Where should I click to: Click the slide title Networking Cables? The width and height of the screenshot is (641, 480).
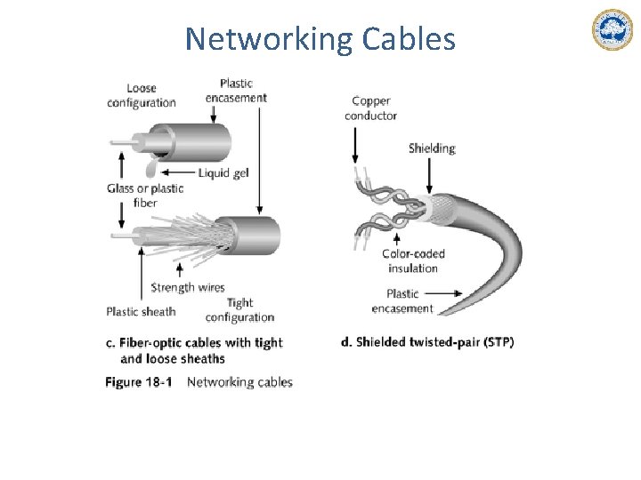320,40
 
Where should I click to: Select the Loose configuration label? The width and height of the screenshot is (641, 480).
142,95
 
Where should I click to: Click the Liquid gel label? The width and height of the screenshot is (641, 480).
223,172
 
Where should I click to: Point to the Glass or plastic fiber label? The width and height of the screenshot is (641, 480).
144,196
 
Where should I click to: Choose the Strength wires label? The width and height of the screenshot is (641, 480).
187,287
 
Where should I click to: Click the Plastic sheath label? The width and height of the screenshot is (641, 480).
141,311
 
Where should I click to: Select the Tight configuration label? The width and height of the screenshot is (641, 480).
239,310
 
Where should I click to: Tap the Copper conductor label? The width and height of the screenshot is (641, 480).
370,108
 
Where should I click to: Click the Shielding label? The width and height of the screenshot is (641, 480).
432,148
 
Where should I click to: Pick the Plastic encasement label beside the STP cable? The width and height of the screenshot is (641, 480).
402,301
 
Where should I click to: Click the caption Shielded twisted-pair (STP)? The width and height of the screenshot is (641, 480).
427,342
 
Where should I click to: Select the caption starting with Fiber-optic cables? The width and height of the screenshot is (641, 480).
194,350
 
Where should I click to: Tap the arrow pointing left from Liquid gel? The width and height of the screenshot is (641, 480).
179,172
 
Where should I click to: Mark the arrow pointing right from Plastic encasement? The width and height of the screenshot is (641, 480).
450,293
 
